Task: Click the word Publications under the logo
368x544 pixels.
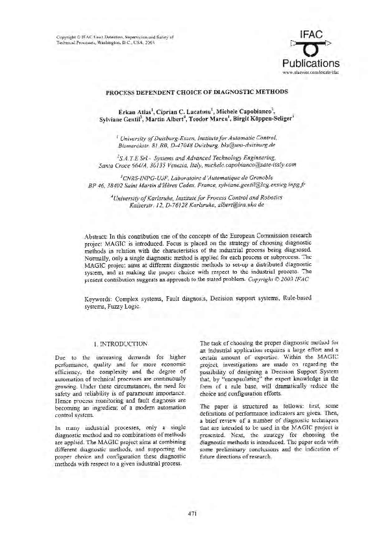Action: [x=308, y=63]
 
